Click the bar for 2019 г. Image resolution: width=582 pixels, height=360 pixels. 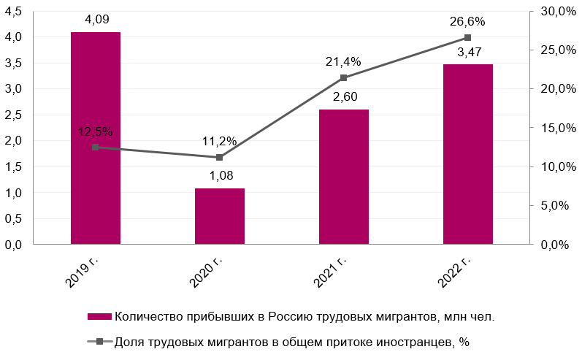(x=95, y=139)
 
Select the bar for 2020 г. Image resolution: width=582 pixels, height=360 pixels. (x=219, y=217)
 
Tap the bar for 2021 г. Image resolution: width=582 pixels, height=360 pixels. (x=343, y=177)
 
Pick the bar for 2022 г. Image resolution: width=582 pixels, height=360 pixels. (x=467, y=155)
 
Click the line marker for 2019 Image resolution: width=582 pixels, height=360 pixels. (x=95, y=148)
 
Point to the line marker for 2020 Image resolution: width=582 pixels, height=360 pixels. (x=219, y=157)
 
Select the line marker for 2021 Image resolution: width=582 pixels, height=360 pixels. (x=343, y=78)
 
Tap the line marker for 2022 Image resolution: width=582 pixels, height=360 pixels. (x=467, y=38)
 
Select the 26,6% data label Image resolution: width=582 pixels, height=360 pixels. (x=467, y=22)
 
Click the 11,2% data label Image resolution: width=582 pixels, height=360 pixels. (x=219, y=142)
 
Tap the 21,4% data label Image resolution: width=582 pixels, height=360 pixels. (x=343, y=62)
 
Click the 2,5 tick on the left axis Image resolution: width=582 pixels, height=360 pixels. (x=15, y=115)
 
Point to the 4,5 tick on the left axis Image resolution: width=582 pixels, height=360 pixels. (x=15, y=11)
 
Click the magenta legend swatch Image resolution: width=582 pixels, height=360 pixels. (x=99, y=316)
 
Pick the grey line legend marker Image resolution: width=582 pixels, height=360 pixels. (x=99, y=341)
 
